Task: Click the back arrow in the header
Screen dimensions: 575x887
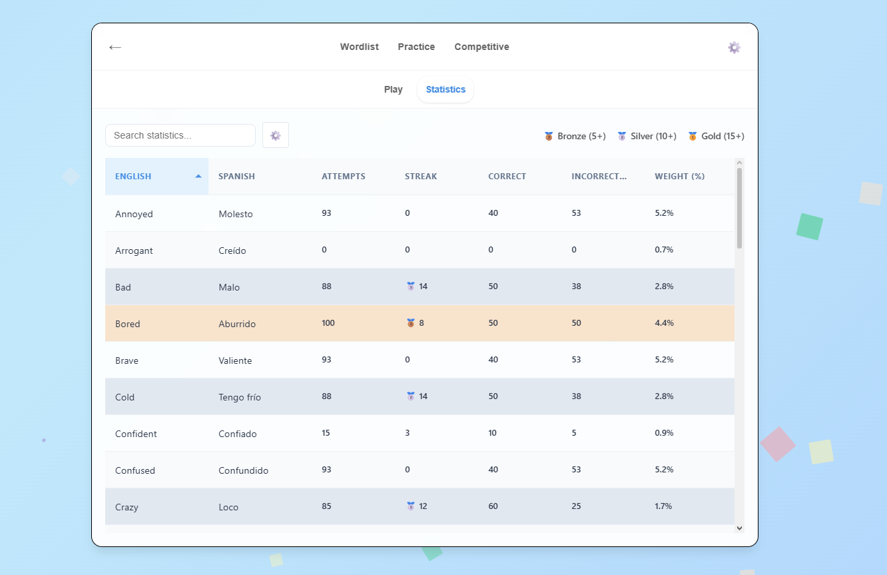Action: click(x=115, y=47)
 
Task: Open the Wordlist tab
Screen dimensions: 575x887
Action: click(x=359, y=47)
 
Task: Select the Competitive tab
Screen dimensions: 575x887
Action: click(x=481, y=47)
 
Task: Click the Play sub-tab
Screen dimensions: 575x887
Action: click(x=393, y=89)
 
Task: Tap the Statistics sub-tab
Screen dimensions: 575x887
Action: click(x=445, y=89)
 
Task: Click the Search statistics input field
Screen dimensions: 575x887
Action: click(x=180, y=135)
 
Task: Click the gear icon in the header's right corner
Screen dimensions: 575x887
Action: click(x=734, y=47)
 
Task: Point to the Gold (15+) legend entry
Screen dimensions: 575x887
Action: click(x=717, y=136)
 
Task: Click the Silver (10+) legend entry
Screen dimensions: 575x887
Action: click(x=647, y=136)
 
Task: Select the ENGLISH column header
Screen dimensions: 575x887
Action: click(x=133, y=177)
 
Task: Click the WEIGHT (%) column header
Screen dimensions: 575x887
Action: click(x=679, y=177)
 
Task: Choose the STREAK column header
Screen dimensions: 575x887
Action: click(x=421, y=177)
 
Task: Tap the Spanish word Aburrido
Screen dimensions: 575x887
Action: click(x=237, y=324)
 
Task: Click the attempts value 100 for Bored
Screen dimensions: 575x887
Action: click(x=328, y=323)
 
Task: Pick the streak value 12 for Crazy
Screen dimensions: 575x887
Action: click(x=423, y=506)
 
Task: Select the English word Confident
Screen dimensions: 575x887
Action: click(x=136, y=434)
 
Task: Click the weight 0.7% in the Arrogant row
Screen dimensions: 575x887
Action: click(x=664, y=250)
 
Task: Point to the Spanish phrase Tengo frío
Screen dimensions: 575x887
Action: click(x=240, y=397)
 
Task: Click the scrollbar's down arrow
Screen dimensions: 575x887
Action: click(x=739, y=528)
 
